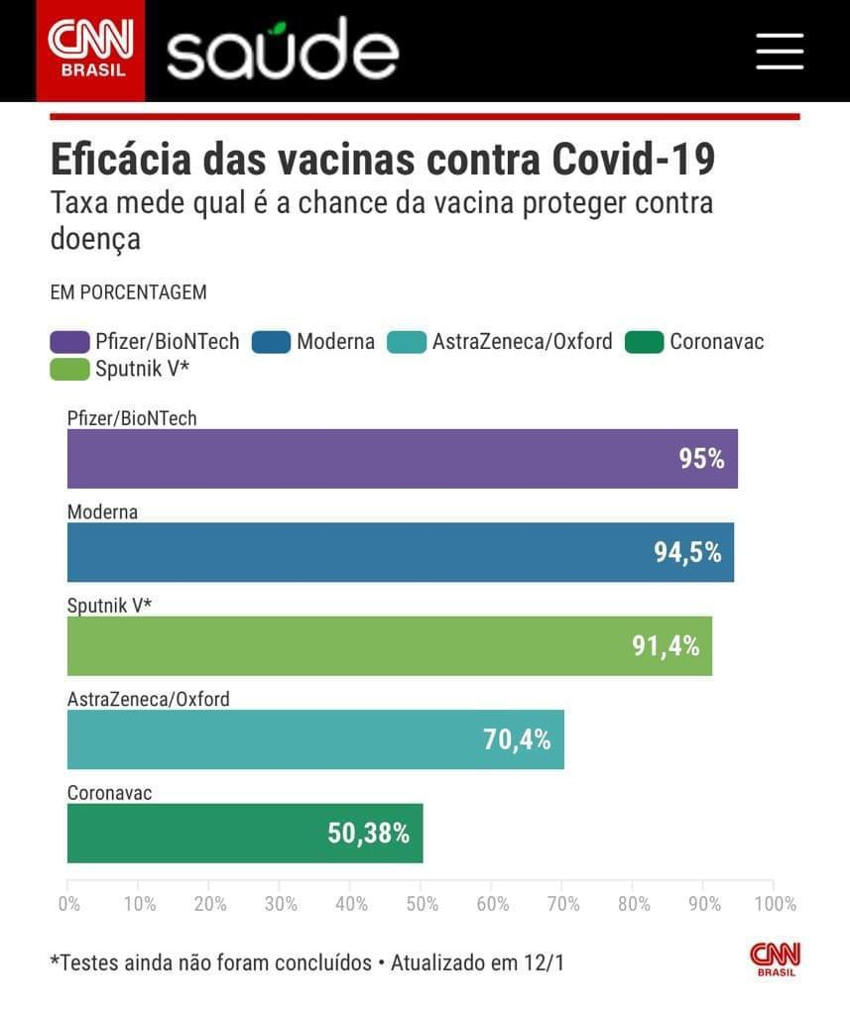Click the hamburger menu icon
pos(779,51)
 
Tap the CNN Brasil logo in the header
pos(90,50)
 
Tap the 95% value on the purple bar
pos(701,459)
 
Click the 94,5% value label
pos(687,552)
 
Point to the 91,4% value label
pos(666,646)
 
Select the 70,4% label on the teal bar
pos(517,739)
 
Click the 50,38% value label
pos(368,834)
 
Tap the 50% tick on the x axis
pos(422,904)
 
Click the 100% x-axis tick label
pos(776,904)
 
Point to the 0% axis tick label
pos(68,904)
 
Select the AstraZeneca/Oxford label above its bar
pos(149,699)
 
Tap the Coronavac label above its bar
pos(109,793)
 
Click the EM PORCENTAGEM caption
pos(128,292)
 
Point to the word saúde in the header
pos(283,50)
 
